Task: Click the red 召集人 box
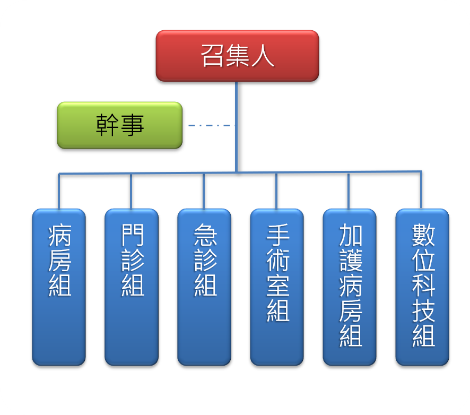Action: pyautogui.click(x=237, y=56)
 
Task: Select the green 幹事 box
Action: pyautogui.click(x=119, y=125)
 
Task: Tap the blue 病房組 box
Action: pyautogui.click(x=59, y=287)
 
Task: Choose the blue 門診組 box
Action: pyautogui.click(x=132, y=287)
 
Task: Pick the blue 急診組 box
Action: pyautogui.click(x=204, y=287)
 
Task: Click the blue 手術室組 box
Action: pyautogui.click(x=277, y=287)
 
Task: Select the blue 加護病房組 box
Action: pyautogui.click(x=350, y=287)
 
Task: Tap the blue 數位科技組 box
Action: pyautogui.click(x=422, y=287)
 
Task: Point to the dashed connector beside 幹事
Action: pyautogui.click(x=212, y=125)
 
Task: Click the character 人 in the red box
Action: pyautogui.click(x=263, y=56)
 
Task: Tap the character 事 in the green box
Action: pyautogui.click(x=132, y=125)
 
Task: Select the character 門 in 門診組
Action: pyautogui.click(x=133, y=235)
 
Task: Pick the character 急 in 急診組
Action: pyautogui.click(x=205, y=235)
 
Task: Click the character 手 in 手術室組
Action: pyautogui.click(x=278, y=235)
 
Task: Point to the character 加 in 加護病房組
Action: pyautogui.click(x=351, y=235)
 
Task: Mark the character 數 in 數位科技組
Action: pyautogui.click(x=423, y=235)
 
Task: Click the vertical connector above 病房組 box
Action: pyautogui.click(x=59, y=191)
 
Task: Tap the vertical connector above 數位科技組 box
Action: pyautogui.click(x=421, y=190)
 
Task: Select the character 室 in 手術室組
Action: pyautogui.click(x=278, y=286)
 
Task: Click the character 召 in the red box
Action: pyautogui.click(x=212, y=56)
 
